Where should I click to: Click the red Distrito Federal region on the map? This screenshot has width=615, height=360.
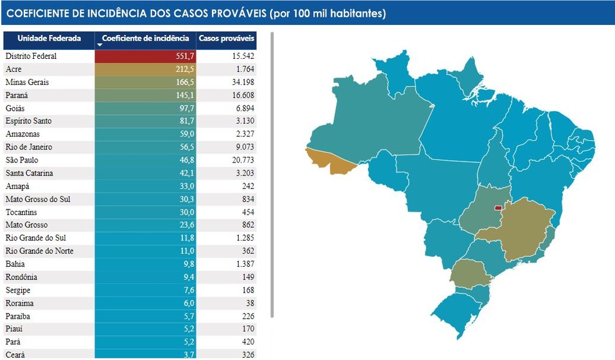click(x=498, y=207)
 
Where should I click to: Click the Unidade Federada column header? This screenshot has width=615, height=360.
click(x=49, y=39)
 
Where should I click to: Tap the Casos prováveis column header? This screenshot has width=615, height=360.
click(x=226, y=39)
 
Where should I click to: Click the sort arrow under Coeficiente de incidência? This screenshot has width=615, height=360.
click(x=100, y=46)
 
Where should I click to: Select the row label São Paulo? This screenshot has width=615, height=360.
click(x=22, y=160)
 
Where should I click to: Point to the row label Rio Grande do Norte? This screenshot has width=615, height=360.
click(x=39, y=251)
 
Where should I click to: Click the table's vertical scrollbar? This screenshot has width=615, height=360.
click(x=272, y=175)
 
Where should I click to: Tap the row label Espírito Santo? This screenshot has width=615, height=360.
click(x=29, y=121)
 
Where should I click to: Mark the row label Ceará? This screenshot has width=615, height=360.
click(x=16, y=354)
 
